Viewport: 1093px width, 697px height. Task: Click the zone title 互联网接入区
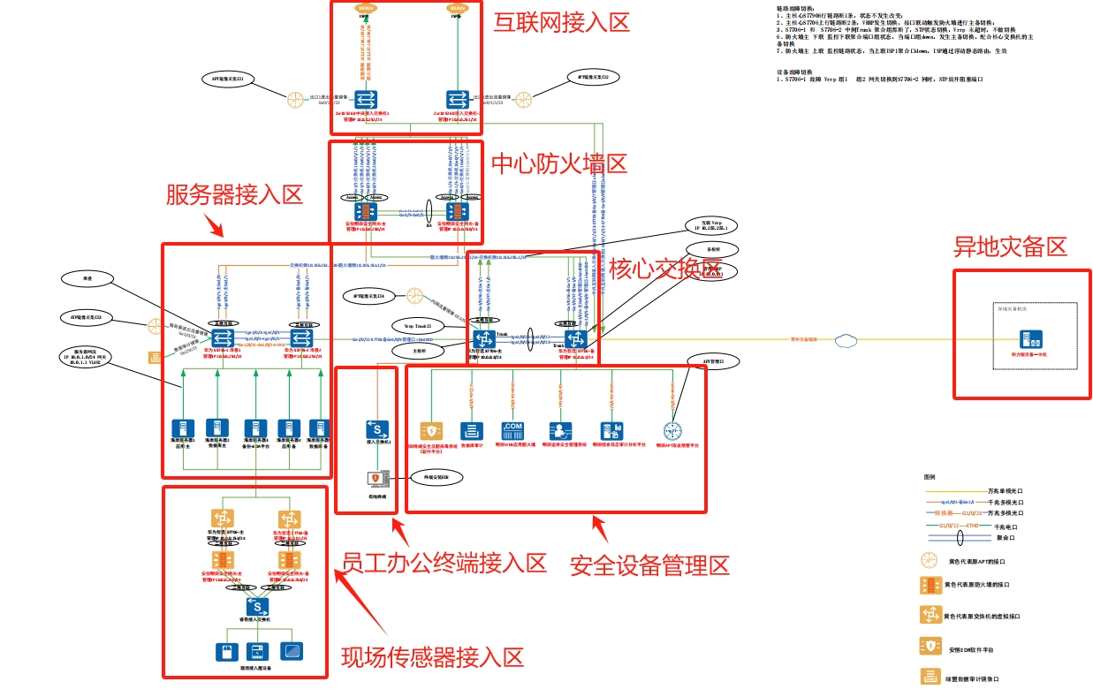click(x=561, y=22)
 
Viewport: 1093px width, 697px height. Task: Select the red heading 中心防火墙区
click(x=558, y=164)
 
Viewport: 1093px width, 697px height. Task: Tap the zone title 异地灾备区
click(x=1010, y=246)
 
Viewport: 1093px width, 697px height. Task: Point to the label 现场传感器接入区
click(x=433, y=656)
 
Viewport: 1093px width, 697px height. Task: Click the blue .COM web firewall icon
click(x=512, y=431)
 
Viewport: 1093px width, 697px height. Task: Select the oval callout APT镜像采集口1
click(x=227, y=79)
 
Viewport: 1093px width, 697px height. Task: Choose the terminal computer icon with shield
click(x=376, y=480)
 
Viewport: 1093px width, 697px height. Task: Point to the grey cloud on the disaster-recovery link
click(x=846, y=338)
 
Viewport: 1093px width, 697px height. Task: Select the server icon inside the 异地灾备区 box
click(x=1028, y=338)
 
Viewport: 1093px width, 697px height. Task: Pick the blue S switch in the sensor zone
click(x=257, y=607)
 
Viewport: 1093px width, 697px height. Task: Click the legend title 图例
click(x=929, y=476)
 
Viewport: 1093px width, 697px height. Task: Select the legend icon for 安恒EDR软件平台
click(x=929, y=646)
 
